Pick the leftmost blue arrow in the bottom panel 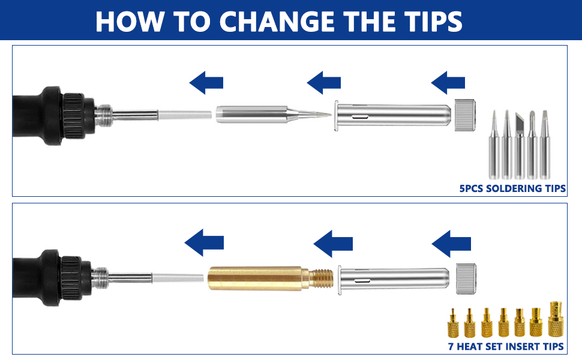[205, 243]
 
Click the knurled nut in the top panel [466, 114]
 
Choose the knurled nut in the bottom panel [466, 278]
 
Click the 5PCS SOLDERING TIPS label [512, 188]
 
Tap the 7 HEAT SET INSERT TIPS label [506, 346]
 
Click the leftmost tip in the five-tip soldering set [494, 144]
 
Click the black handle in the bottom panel [45, 277]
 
